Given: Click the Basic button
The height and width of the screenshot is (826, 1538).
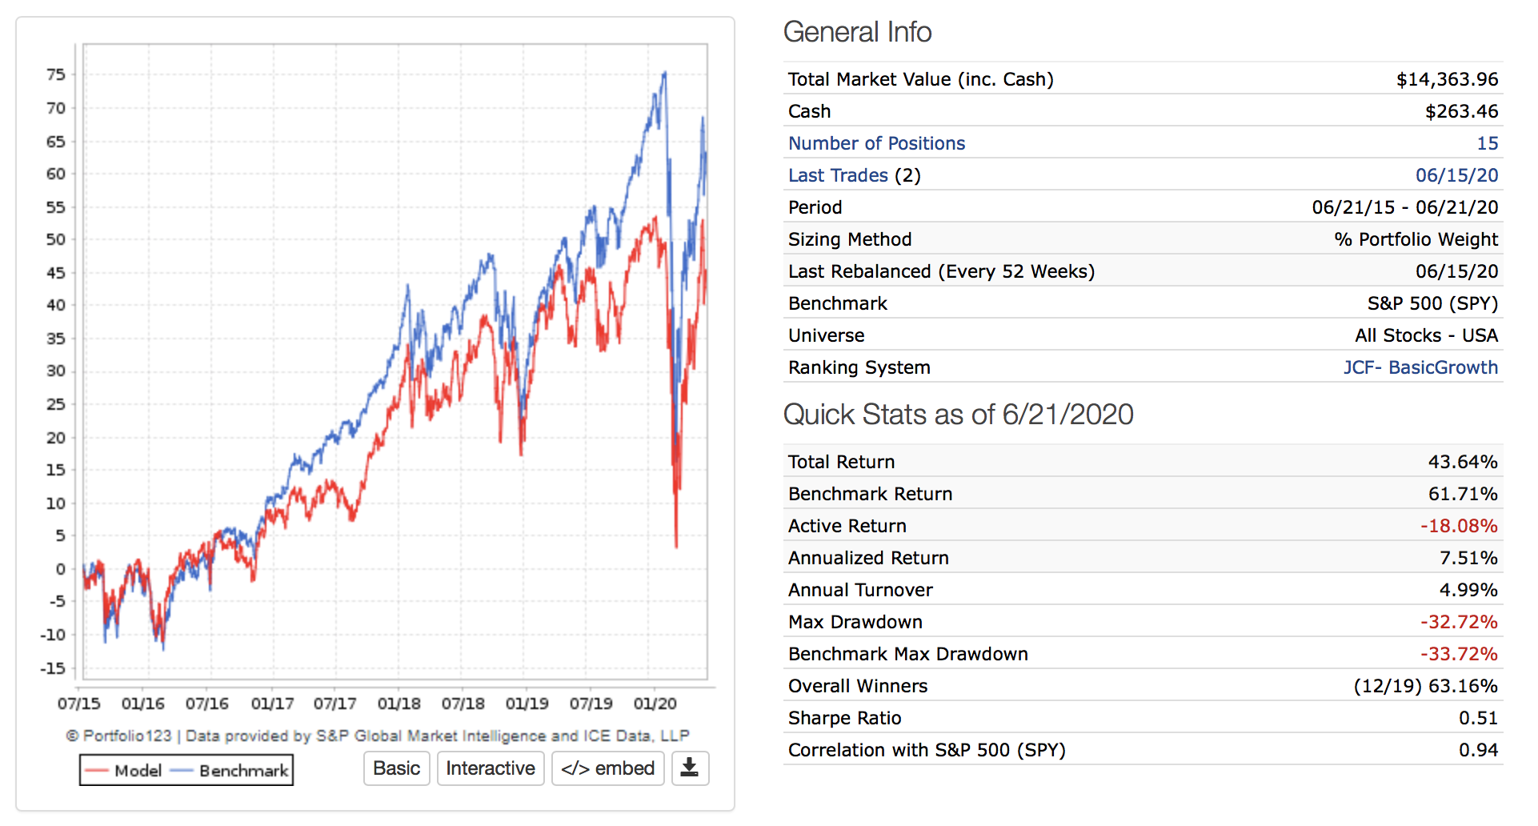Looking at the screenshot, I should click(396, 768).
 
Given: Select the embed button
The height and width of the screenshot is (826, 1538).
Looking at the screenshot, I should click(607, 768).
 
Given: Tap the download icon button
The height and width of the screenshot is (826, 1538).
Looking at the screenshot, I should click(689, 768).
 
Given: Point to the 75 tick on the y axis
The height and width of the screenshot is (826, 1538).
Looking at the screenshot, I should click(55, 74).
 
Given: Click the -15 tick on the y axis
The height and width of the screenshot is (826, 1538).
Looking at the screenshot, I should click(53, 668).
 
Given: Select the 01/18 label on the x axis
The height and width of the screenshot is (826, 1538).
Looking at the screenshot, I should click(399, 704).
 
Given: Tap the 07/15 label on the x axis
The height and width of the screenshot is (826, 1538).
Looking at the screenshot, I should click(78, 704).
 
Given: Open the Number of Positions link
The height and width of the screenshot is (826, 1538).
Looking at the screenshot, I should click(876, 143).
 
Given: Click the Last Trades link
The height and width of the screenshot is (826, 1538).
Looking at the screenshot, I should click(838, 175).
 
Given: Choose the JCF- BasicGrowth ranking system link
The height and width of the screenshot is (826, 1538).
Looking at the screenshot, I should click(1420, 367).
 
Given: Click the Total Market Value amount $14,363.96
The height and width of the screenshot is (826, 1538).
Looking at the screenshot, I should click(1447, 79).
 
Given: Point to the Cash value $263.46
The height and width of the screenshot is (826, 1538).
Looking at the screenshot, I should click(1461, 111).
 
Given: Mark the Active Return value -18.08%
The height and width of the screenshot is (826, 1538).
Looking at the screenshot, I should click(1458, 526).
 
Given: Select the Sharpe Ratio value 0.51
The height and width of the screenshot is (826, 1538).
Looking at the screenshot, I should click(1477, 718).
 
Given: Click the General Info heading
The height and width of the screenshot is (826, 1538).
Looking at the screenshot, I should click(857, 32).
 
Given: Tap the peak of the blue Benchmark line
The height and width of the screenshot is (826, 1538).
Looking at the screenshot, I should click(664, 73).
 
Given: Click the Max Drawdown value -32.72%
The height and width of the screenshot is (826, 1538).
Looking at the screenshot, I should click(1458, 622).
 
